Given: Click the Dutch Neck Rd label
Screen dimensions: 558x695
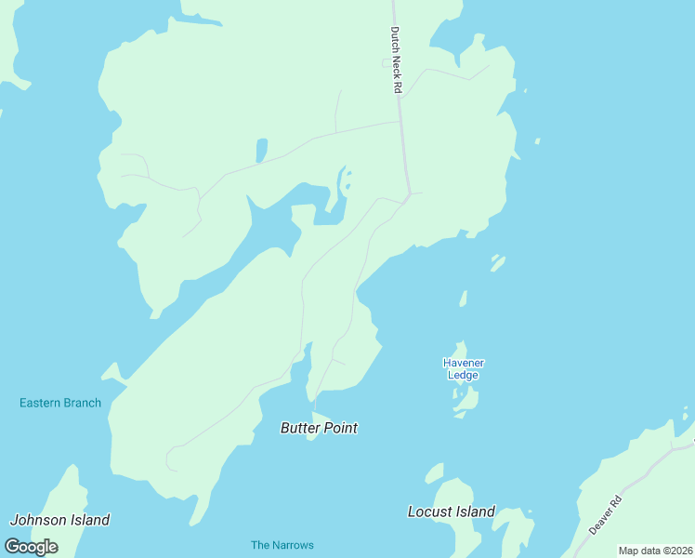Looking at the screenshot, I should (x=396, y=59).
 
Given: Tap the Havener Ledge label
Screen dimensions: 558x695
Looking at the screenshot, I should (x=464, y=368).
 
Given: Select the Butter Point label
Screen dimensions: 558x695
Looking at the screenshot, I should (x=319, y=428).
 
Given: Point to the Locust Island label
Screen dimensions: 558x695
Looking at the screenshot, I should (x=452, y=511).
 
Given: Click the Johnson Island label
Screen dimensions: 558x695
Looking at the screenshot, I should (x=59, y=520).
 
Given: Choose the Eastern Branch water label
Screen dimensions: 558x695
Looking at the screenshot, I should (x=60, y=403).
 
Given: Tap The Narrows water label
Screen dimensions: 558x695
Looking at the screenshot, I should (x=282, y=545).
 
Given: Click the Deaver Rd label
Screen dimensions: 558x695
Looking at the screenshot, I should (x=604, y=514).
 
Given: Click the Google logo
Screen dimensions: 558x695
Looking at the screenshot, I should (x=31, y=546).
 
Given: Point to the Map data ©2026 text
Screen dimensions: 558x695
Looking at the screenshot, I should (x=655, y=551).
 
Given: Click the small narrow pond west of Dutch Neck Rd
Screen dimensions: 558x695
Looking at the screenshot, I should (x=262, y=150).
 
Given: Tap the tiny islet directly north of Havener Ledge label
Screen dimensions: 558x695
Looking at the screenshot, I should (x=463, y=298).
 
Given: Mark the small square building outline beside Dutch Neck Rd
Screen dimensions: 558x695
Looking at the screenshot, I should (x=387, y=63).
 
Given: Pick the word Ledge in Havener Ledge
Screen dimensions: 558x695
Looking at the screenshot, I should (x=463, y=375).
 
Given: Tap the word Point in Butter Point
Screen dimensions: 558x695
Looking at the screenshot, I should (x=339, y=428).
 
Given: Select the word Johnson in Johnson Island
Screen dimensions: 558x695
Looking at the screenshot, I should (x=35, y=520).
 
